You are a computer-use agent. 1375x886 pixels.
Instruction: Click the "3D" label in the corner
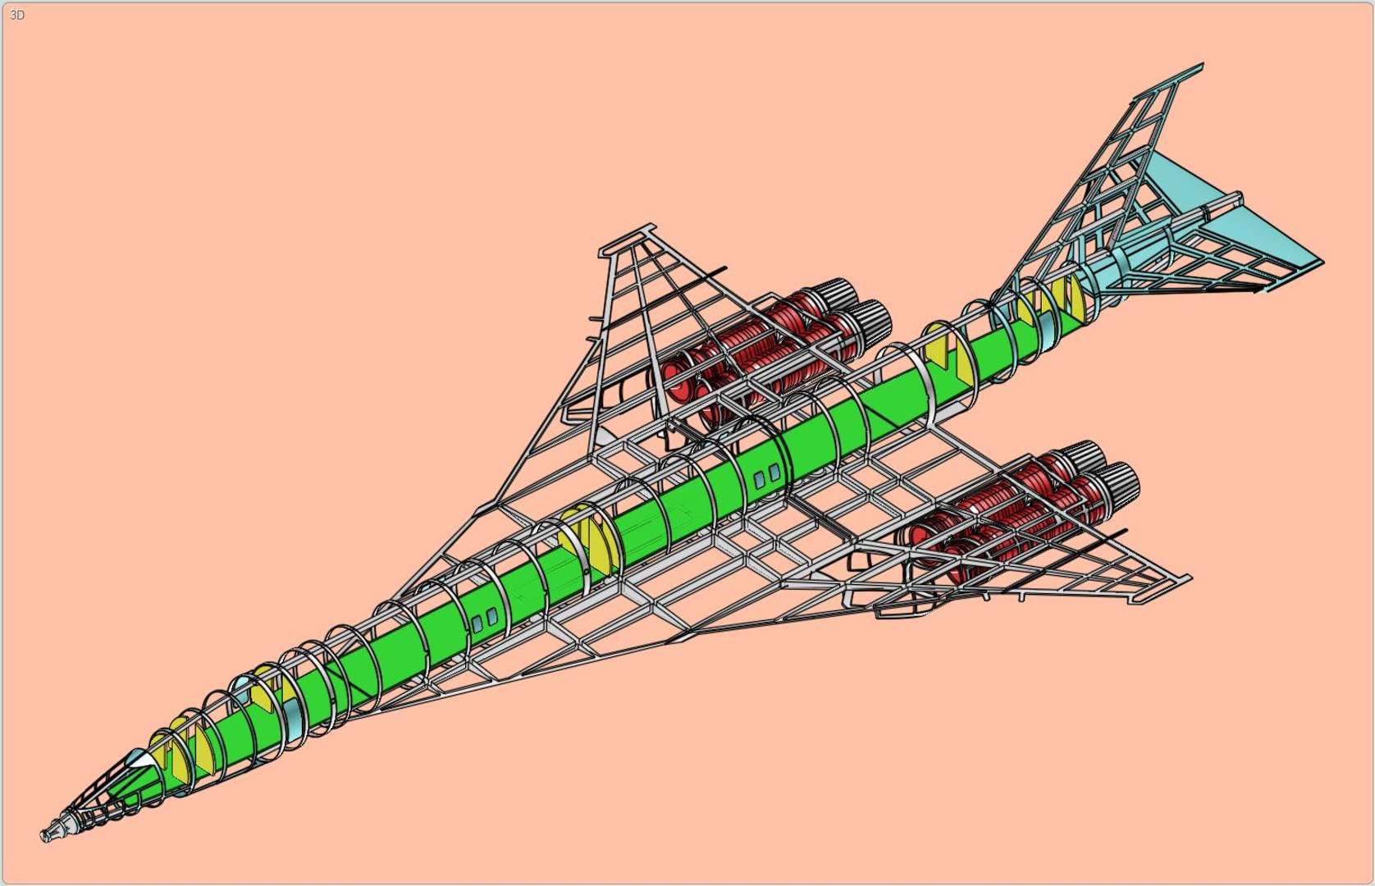coord(17,16)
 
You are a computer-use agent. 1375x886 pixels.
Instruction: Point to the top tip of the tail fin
coord(1201,65)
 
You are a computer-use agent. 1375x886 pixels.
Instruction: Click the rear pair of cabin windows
coord(767,477)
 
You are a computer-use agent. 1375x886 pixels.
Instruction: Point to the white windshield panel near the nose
coord(144,761)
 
